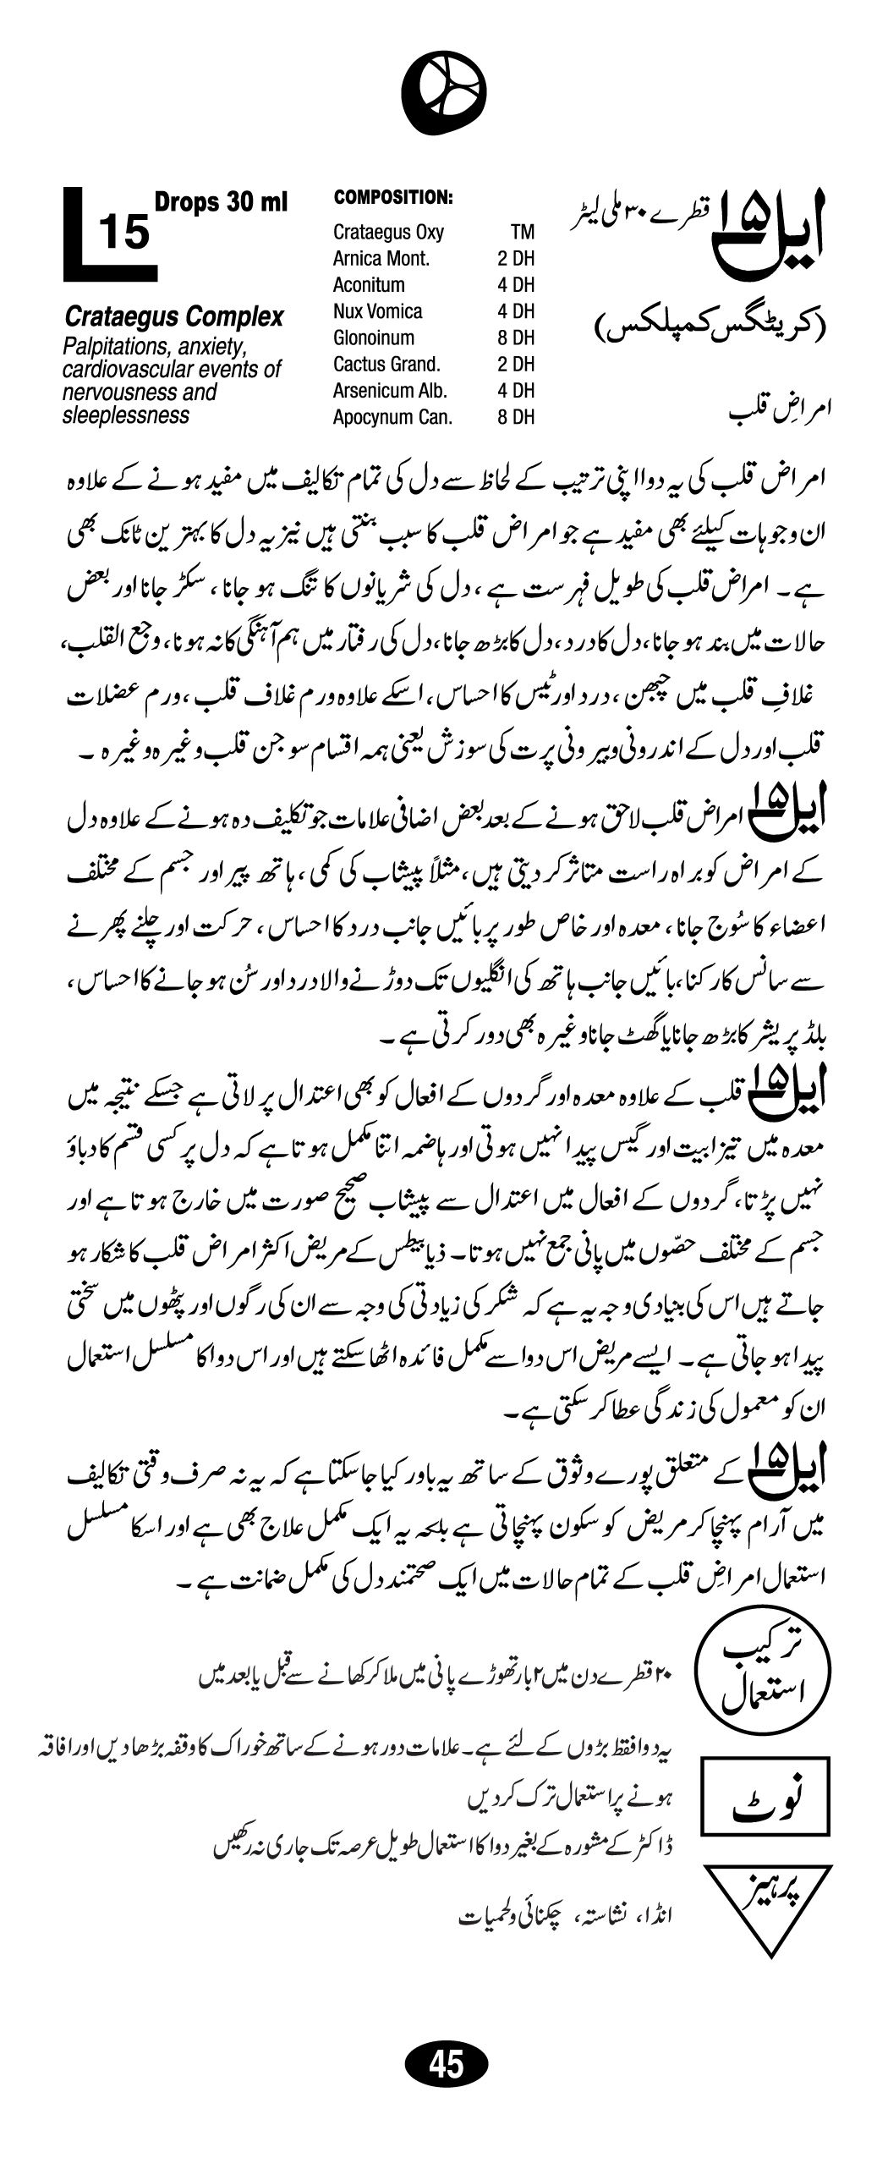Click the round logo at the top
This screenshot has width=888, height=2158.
pos(444,91)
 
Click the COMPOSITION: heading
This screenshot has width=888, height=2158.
pos(393,198)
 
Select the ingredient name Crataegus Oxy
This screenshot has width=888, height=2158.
pos(388,233)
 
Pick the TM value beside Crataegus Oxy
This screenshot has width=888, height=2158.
pos(522,233)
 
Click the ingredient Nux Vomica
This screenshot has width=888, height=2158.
pos(377,311)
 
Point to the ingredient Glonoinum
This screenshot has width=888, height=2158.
pos(374,338)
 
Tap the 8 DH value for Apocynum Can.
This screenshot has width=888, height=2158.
pos(516,417)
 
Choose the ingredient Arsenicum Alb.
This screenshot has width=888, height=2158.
pos(390,391)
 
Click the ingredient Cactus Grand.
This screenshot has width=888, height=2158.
pos(386,365)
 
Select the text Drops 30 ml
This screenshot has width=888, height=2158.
pos(221,203)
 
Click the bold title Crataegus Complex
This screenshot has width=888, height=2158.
pos(173,318)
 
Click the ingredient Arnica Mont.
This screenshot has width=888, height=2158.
pos(381,259)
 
